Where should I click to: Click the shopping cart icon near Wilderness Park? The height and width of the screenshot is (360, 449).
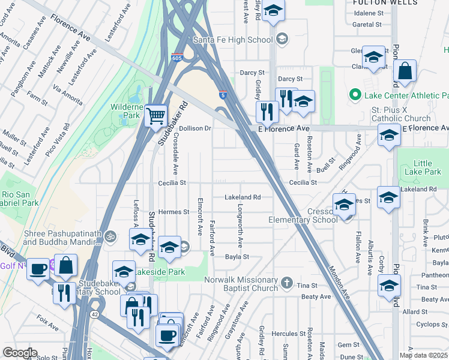click(155, 115)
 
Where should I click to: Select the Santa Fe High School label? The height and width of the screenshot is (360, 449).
click(235, 40)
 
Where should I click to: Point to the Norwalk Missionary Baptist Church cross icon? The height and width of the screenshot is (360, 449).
click(287, 283)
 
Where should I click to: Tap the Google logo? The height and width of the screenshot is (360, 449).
click(19, 353)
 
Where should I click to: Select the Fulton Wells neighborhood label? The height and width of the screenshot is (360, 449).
click(385, 3)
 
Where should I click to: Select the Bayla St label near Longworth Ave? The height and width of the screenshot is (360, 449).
click(237, 256)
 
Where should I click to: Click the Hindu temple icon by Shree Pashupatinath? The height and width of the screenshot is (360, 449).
click(109, 236)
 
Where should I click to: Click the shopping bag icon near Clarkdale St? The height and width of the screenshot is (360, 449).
click(406, 71)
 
